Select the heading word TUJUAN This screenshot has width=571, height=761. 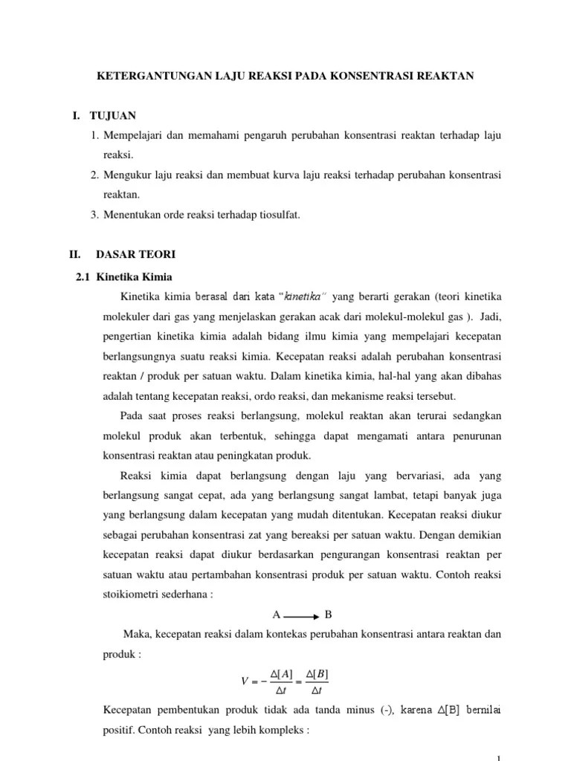tap(113, 116)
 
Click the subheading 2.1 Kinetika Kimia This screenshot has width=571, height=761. tap(125, 277)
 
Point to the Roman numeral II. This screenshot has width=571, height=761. tap(74, 254)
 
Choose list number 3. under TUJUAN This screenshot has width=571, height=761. tap(94, 215)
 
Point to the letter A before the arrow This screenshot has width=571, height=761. tap(276, 615)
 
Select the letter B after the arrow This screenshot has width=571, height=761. tap(328, 615)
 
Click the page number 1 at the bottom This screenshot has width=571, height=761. tap(497, 757)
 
